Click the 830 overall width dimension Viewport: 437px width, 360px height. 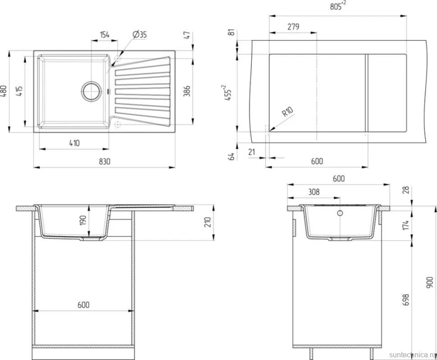105,161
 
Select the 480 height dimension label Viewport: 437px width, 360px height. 4,91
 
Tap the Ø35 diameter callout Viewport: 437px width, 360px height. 140,35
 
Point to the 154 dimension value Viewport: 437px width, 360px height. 105,35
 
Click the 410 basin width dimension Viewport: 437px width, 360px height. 74,143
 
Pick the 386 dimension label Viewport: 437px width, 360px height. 187,91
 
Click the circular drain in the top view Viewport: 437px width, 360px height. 91,91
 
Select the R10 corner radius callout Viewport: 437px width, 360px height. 287,112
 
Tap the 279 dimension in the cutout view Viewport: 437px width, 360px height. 293,27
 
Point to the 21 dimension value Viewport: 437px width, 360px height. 252,152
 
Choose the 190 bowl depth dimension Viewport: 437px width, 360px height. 83,220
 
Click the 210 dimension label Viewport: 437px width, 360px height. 208,222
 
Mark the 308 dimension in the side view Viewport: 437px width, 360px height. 314,192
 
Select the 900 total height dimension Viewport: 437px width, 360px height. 430,282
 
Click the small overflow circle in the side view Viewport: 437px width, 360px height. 340,213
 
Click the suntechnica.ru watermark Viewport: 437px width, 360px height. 412,355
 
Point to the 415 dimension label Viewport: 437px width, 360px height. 19,91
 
